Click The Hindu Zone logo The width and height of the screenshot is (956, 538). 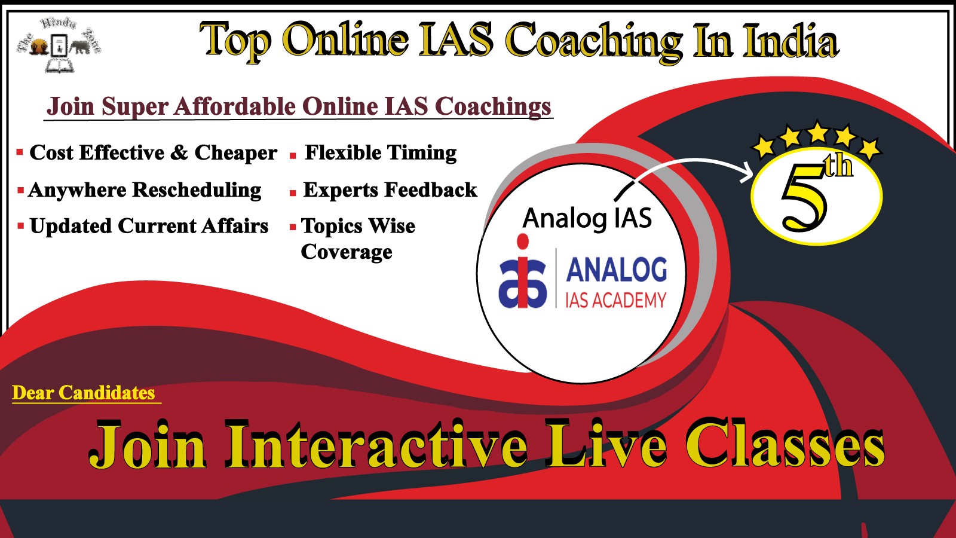59,44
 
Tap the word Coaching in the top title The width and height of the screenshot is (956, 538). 594,42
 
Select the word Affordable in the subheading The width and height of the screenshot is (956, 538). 234,106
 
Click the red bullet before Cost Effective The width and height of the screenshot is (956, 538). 20,152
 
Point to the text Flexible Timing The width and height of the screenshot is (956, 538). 380,153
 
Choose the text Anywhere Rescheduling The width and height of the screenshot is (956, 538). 145,191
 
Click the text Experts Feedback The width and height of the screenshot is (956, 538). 390,190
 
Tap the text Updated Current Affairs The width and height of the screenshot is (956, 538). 149,226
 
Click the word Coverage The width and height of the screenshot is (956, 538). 347,252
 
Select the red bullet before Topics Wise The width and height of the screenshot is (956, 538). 293,227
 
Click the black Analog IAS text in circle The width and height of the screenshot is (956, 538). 588,219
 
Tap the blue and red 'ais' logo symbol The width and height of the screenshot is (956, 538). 523,271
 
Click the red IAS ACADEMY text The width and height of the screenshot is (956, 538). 616,300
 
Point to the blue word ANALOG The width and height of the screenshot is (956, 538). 616,270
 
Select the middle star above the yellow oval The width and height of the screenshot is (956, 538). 818,132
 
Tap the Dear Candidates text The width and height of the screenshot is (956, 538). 84,393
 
